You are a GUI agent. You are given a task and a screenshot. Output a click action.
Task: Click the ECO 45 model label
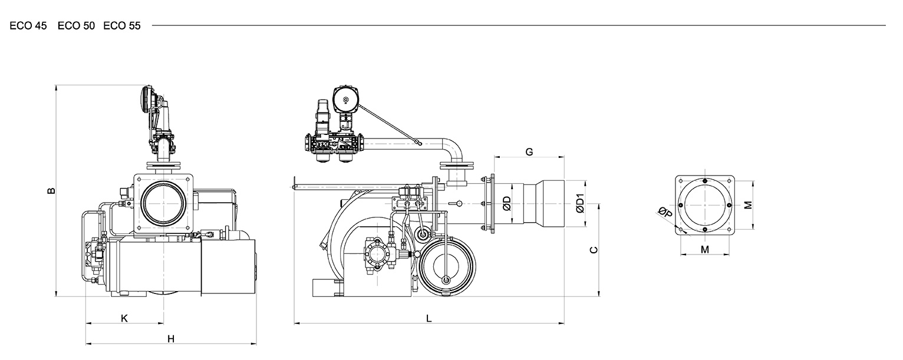tap(28, 26)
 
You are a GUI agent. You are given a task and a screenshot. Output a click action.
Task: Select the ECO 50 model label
tap(76, 26)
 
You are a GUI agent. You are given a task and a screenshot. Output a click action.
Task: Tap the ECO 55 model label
tap(122, 26)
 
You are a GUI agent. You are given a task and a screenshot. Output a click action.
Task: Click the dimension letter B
tap(51, 191)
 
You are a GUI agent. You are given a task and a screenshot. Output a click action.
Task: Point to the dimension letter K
tap(124, 319)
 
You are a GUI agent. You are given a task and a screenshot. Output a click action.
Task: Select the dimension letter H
tap(171, 339)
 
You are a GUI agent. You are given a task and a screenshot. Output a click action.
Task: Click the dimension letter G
tap(529, 152)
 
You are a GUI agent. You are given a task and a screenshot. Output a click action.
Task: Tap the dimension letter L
tap(429, 319)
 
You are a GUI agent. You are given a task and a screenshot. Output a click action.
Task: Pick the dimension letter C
tap(594, 250)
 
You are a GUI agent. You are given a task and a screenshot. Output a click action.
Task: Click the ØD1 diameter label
tap(579, 204)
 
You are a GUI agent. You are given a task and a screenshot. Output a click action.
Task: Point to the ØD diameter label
tap(507, 204)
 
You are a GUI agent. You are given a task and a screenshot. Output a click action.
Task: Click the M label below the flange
tap(705, 250)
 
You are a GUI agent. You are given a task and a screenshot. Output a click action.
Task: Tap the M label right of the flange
tap(748, 205)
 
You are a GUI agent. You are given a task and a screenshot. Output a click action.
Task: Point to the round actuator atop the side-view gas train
tap(345, 100)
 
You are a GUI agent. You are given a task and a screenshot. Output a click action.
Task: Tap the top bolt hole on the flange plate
tap(705, 181)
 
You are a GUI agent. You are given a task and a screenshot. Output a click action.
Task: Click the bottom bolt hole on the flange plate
tap(705, 229)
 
